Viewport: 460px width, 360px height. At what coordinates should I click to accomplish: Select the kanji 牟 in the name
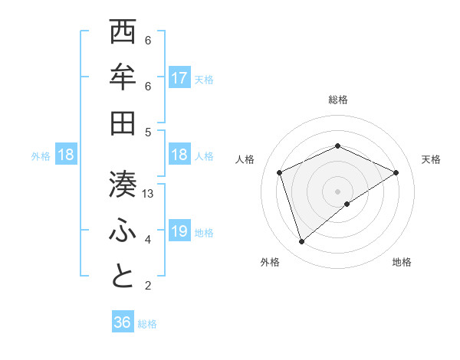point(123,77)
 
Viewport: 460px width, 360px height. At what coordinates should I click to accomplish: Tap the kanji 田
point(123,123)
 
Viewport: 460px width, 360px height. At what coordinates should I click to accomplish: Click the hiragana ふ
point(123,231)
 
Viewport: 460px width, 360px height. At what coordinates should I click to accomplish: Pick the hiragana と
point(123,277)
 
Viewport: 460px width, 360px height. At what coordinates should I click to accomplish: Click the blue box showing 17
point(179,78)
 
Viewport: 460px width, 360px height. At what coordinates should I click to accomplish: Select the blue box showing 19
point(179,231)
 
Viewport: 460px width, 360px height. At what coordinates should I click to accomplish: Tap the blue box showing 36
point(123,322)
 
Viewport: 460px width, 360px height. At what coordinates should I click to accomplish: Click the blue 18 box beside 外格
point(66,155)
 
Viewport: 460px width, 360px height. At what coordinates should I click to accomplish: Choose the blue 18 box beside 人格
point(179,155)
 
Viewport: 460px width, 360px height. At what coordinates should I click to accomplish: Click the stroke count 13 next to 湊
point(149,194)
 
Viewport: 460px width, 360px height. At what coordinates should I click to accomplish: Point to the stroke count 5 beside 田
point(148,132)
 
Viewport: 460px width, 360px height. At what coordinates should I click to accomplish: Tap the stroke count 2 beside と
point(148,286)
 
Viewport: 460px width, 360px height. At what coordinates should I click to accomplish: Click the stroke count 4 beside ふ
point(148,240)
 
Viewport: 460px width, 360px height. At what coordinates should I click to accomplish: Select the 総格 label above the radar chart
point(337,100)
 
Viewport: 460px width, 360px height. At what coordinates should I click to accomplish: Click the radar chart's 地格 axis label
point(402,262)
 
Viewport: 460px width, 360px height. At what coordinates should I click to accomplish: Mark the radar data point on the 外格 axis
point(301,242)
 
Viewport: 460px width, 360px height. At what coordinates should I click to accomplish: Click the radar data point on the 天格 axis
point(396,172)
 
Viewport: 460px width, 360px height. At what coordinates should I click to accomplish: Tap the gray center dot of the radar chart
point(337,191)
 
